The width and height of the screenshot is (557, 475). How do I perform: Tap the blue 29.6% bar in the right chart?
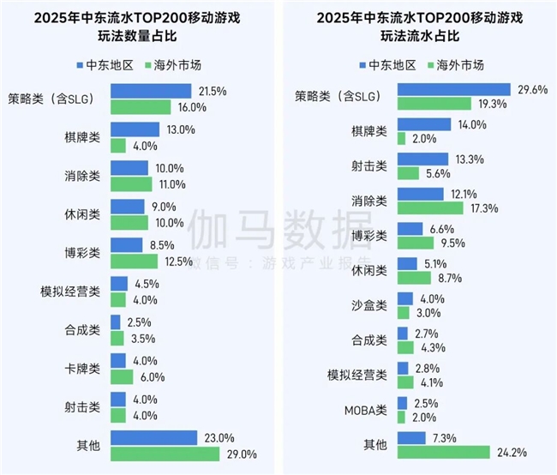coord(452,88)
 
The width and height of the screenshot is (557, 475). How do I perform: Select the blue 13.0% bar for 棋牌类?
coord(135,129)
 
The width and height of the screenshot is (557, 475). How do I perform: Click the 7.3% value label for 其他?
coord(445,438)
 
